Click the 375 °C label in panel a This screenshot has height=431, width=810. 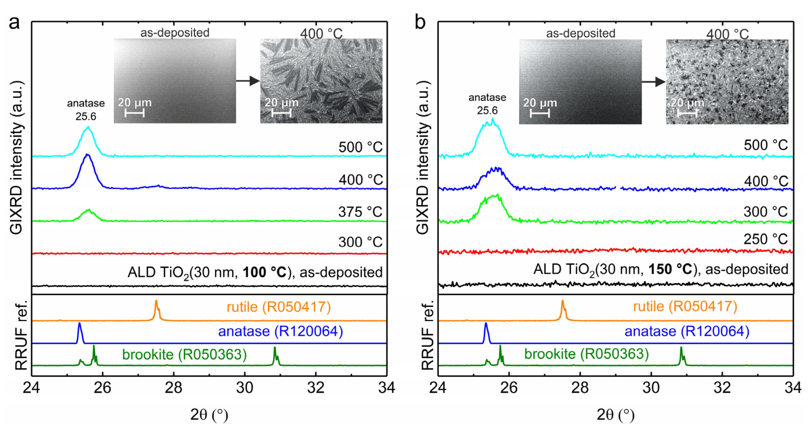(360, 212)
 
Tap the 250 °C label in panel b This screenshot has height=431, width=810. (765, 239)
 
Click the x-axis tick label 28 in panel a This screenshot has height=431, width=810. (174, 388)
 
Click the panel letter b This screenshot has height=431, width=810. (420, 23)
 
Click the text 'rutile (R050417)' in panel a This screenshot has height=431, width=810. (279, 307)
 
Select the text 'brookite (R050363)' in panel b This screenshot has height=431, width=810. (586, 354)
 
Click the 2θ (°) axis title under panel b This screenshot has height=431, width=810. (615, 415)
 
